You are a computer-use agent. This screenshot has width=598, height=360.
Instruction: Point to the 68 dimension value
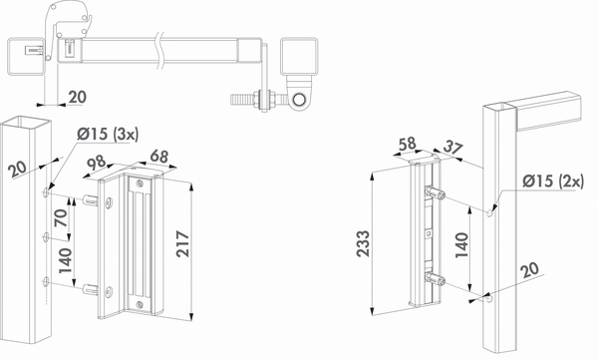156,155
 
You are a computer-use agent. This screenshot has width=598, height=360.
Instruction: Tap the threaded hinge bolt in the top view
245,100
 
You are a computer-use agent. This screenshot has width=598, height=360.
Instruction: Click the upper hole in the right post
489,212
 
